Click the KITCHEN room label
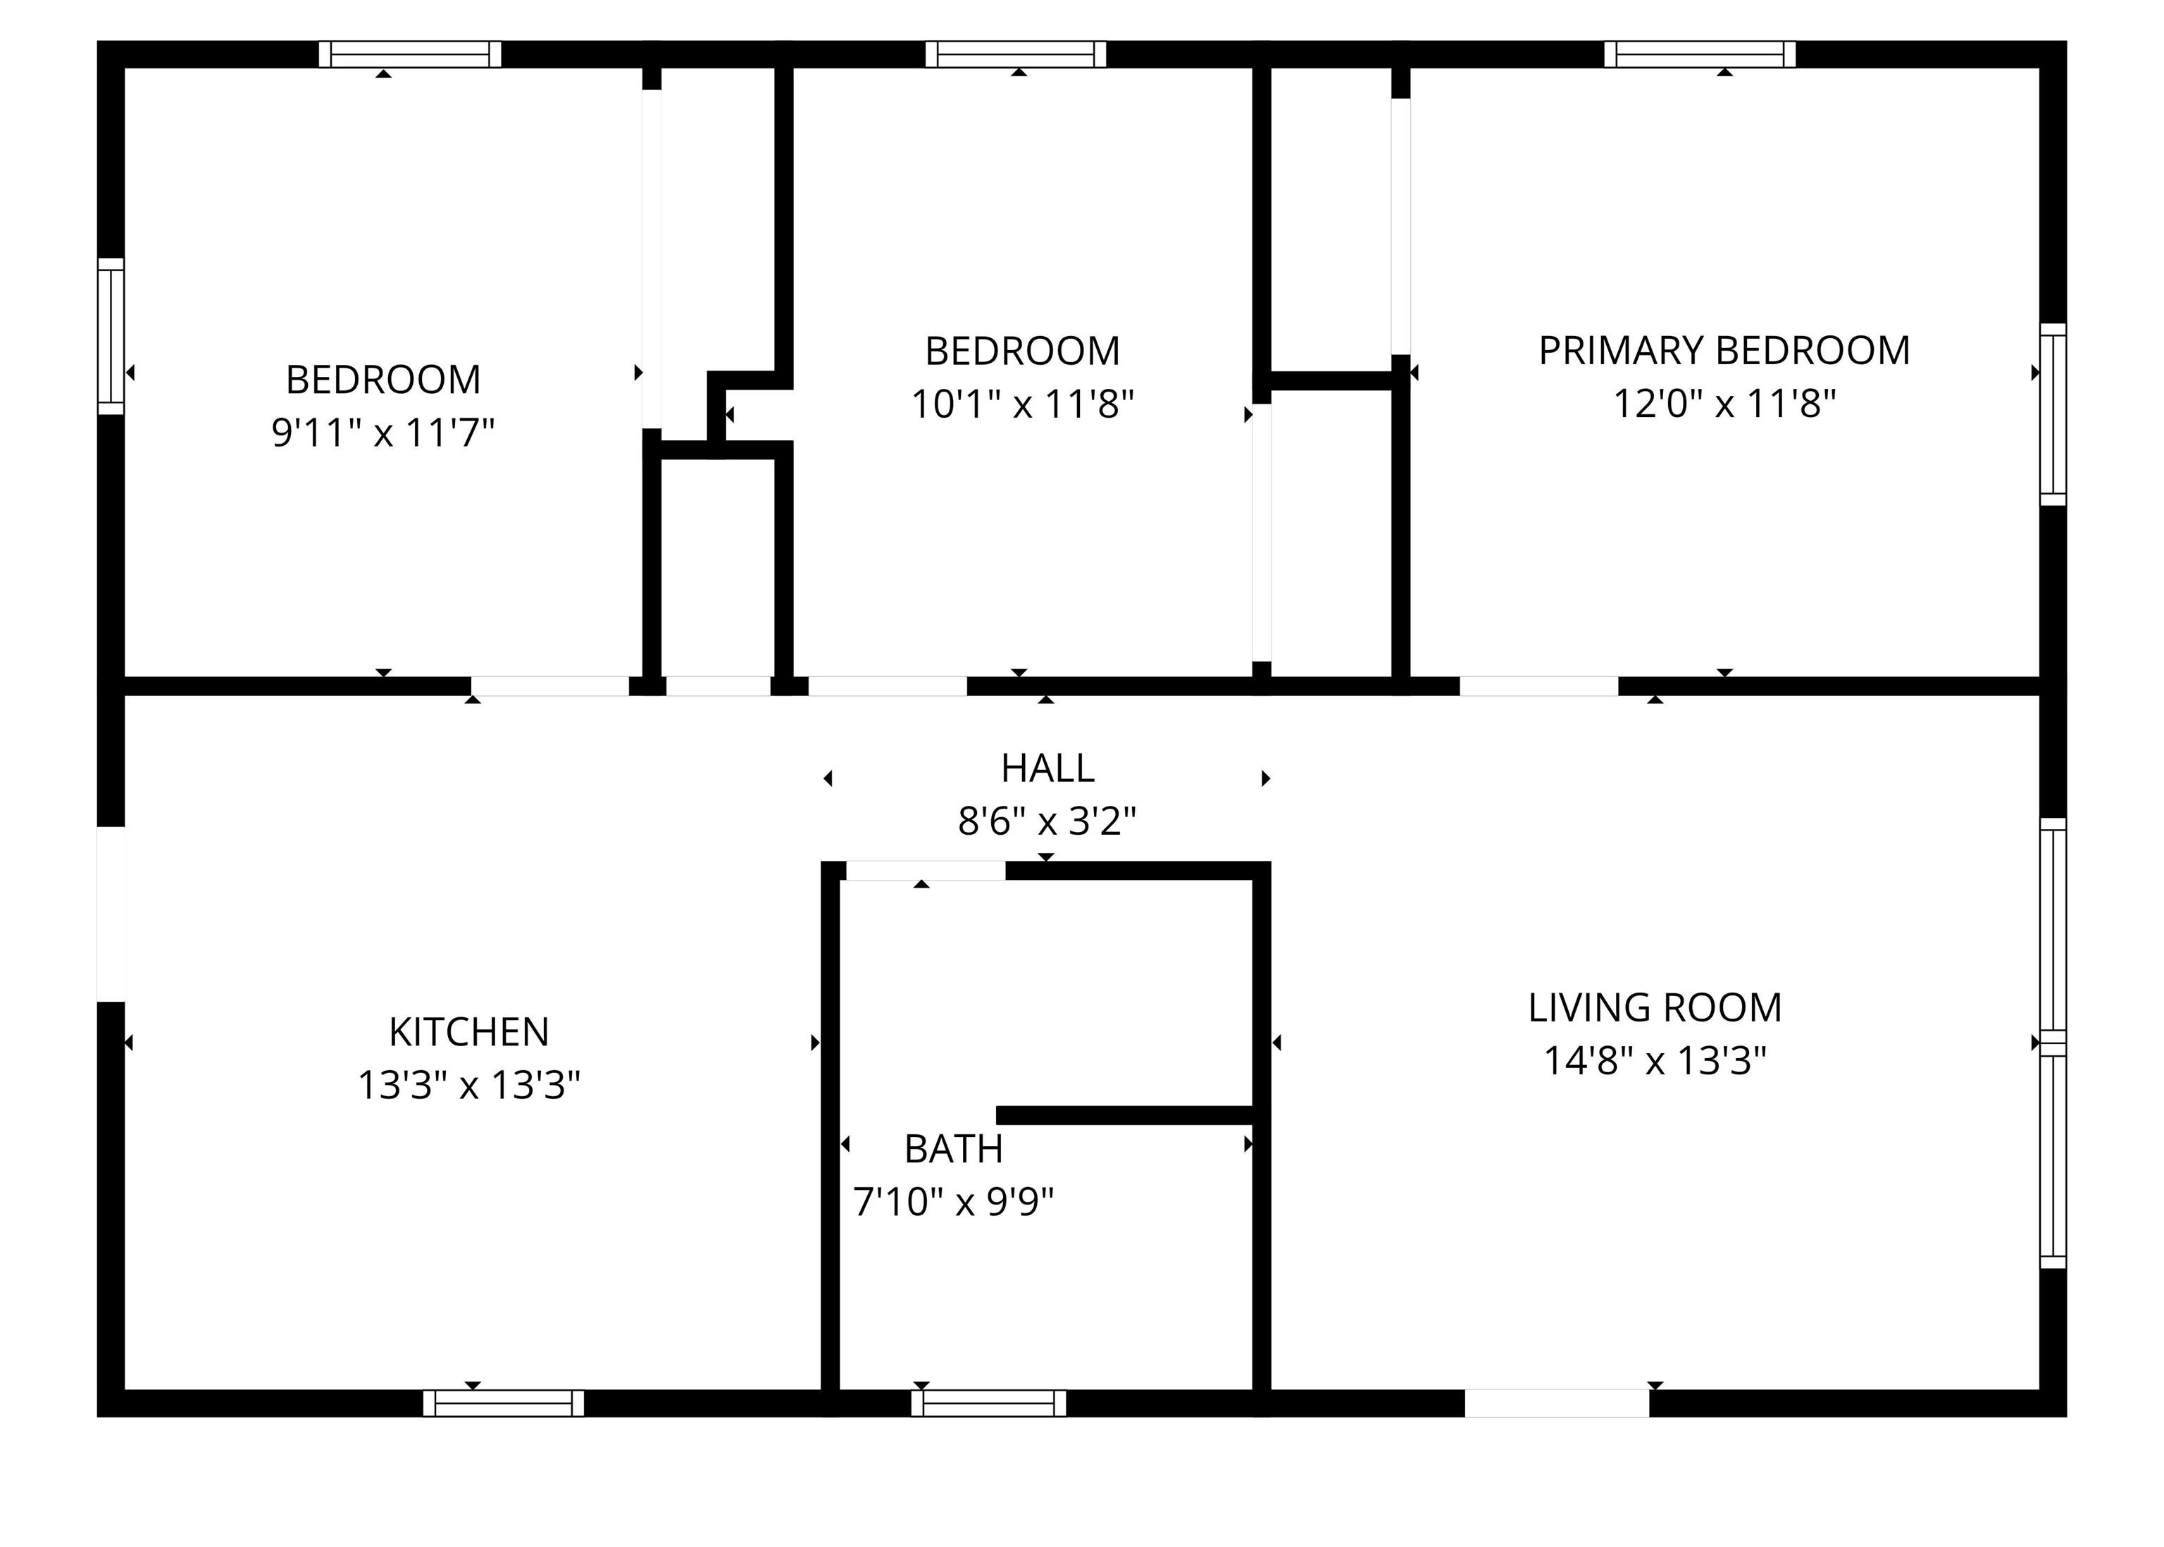(468, 1031)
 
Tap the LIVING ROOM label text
(1655, 1008)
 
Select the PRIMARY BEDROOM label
(1724, 351)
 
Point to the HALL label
(1047, 768)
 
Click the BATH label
(953, 1149)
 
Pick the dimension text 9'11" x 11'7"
(383, 433)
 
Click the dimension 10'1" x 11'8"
(1023, 404)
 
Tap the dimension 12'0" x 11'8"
(1724, 404)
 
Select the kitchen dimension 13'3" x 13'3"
(468, 1085)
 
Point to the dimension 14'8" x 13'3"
(1655, 1061)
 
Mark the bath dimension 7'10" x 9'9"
(953, 1202)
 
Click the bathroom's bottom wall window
(988, 1403)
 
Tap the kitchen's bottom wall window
(504, 1403)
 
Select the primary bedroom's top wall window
(1700, 54)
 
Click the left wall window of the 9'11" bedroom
(111, 336)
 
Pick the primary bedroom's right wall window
(2053, 414)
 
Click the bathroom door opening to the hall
(926, 871)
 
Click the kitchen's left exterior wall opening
(111, 914)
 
